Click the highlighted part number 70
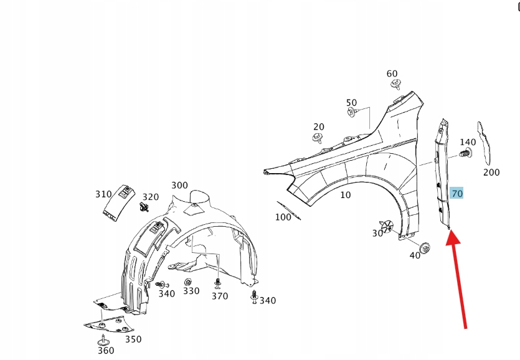[457, 194]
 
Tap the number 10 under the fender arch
[346, 195]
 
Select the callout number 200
[491, 172]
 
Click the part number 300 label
[179, 185]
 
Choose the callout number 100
[283, 217]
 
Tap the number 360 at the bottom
[106, 350]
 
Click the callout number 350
[133, 339]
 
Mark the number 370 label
[220, 296]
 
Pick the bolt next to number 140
[464, 153]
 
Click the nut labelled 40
[425, 247]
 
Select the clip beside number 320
[145, 207]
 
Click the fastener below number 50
[352, 113]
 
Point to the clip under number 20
[319, 138]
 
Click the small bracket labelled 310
[117, 202]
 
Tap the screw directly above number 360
[102, 339]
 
